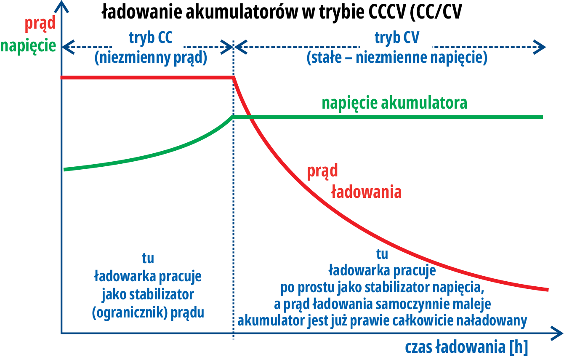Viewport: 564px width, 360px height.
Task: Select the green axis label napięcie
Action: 29,45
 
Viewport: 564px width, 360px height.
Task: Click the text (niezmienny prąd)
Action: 151,58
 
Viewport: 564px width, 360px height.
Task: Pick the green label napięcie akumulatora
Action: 394,103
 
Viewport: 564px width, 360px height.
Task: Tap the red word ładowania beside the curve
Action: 366,192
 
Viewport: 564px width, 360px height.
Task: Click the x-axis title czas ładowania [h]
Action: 466,347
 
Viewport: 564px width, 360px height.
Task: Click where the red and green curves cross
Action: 249,116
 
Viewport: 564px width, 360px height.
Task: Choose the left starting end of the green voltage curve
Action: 64,169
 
